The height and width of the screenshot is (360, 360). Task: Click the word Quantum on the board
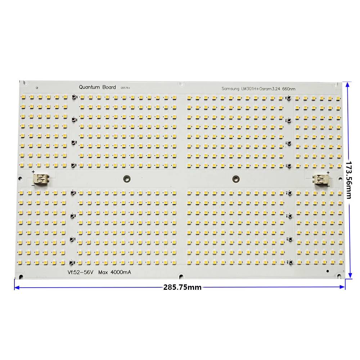90,87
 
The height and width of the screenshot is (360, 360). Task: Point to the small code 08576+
126,87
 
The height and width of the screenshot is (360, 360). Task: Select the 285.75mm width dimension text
182,287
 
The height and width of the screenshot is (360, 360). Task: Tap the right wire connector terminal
320,179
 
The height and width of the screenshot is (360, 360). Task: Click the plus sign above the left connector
33,172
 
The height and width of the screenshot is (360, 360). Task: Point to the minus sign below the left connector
33,184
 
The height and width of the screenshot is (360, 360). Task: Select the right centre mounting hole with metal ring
236,177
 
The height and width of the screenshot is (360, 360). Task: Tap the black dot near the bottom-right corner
327,271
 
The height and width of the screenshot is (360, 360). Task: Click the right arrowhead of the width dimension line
343,287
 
